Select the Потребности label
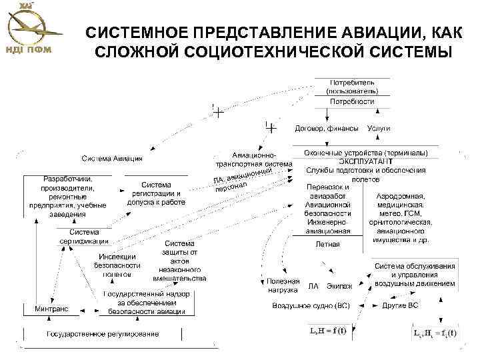(352, 101)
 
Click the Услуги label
(379, 127)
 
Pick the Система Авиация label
(112, 158)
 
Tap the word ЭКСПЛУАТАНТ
(365, 161)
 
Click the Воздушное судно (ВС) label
(310, 306)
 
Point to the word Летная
(327, 244)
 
